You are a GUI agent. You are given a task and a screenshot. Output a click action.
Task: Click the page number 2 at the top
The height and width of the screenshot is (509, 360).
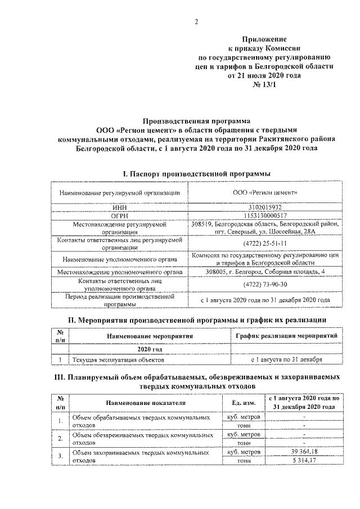coord(196,22)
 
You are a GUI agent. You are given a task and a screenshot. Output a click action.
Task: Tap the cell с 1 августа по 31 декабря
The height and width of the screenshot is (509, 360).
coord(286,359)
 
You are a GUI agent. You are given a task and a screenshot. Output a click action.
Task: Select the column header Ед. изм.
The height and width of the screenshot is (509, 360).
coord(244,403)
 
